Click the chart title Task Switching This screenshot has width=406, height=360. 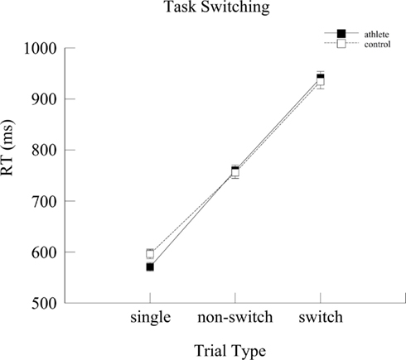203,10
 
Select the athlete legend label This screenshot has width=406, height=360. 377,34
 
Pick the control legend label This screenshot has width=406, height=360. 377,44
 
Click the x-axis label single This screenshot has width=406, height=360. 150,318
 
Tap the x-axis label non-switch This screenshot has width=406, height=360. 234,318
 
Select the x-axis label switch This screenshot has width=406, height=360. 321,318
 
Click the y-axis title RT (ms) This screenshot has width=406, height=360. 11,175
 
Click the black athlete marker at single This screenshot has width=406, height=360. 150,266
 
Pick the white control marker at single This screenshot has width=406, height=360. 150,254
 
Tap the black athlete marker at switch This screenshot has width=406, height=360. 321,77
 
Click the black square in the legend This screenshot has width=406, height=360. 340,33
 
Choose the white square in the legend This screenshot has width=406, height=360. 340,44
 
